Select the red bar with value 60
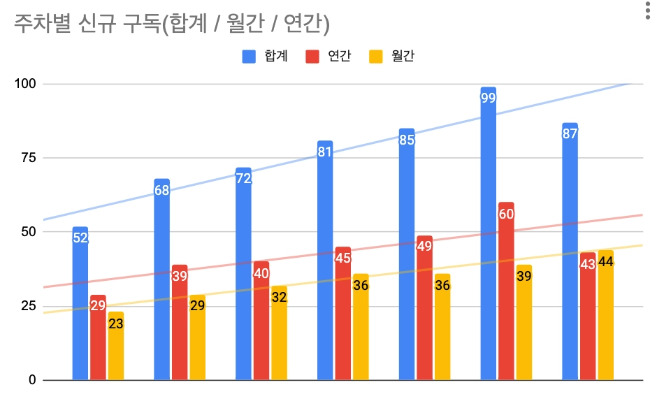click(x=506, y=293)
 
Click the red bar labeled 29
click(x=98, y=339)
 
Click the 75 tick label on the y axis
click(x=29, y=158)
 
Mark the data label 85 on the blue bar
click(x=407, y=140)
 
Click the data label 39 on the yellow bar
click(x=524, y=276)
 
